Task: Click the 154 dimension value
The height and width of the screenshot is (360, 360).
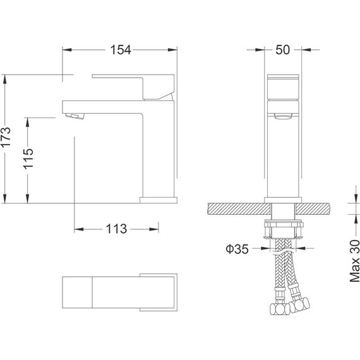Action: [121, 50]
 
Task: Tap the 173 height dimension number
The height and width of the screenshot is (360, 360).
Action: [6, 136]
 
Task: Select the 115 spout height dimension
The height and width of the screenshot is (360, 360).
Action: [28, 159]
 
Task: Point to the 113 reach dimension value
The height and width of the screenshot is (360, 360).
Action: [116, 229]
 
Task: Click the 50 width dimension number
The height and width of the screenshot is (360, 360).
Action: [282, 50]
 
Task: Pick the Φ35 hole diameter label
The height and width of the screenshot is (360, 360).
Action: [237, 249]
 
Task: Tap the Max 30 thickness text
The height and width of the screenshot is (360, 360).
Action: [355, 261]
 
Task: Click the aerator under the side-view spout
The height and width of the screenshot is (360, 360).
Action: [75, 116]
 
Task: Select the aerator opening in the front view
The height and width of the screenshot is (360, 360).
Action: [284, 116]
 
